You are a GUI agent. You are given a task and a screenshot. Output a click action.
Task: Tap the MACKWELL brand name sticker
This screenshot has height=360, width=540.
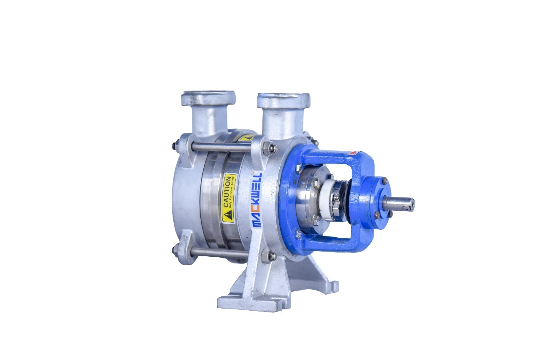(256, 201)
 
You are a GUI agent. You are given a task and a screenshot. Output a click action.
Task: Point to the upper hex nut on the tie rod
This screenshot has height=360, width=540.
(267, 148)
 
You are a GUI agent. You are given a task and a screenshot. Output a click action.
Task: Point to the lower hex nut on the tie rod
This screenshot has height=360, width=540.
(267, 256)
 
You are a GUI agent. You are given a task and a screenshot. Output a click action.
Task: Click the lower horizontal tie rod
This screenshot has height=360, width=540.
(219, 253)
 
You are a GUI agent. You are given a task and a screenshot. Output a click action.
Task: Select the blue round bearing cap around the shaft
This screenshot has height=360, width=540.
(373, 202)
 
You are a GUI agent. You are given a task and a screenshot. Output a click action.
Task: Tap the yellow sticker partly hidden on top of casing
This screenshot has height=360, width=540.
(246, 138)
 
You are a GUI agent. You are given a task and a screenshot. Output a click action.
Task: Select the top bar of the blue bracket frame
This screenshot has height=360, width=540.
(333, 158)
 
